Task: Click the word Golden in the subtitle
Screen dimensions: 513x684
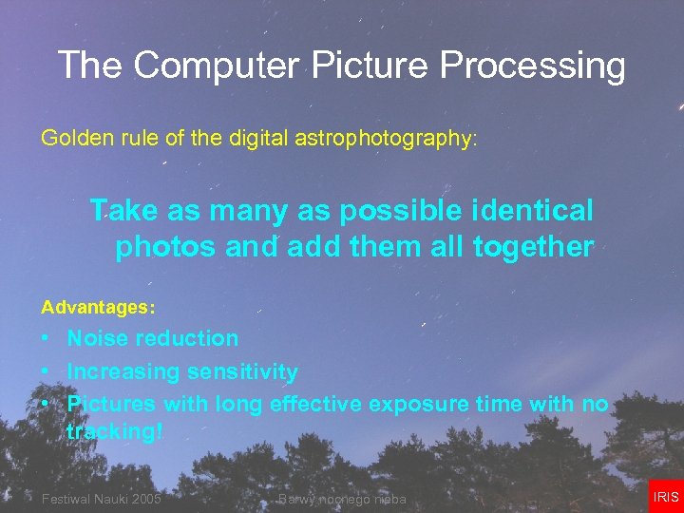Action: point(70,138)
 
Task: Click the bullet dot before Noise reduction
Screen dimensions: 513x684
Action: point(46,339)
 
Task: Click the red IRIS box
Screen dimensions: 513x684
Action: point(666,497)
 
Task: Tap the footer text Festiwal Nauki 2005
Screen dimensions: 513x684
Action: point(101,500)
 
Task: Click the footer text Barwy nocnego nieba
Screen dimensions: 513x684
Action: point(342,500)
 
